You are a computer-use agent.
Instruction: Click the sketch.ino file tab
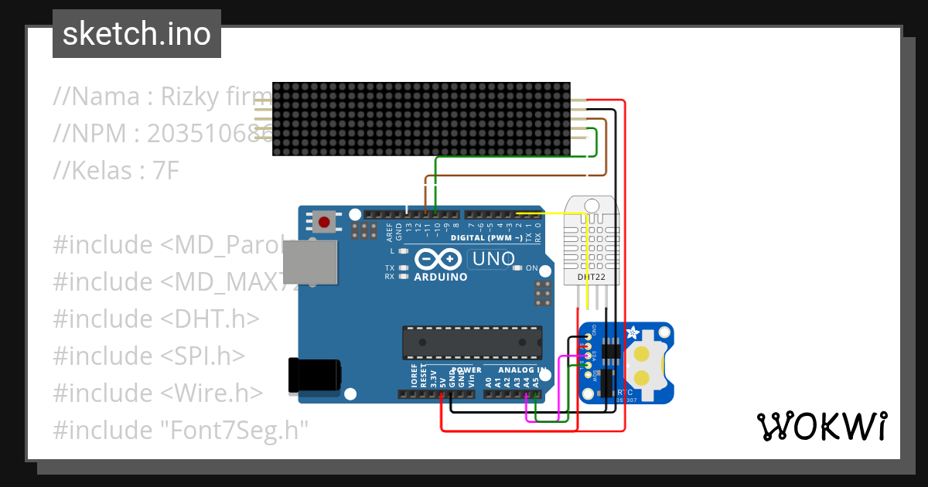137,34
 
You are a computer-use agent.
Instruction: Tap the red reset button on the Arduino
324,223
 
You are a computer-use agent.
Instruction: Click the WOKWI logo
821,426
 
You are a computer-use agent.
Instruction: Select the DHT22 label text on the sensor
592,276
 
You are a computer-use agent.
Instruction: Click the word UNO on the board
492,259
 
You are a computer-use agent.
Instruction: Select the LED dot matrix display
421,119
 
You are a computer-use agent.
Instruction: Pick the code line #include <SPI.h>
148,356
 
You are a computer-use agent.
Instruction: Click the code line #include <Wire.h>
158,393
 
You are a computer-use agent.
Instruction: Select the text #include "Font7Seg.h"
181,430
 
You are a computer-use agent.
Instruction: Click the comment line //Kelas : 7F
116,170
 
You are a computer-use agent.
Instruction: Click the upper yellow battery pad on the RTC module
641,354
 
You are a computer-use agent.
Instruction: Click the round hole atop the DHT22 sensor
592,206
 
